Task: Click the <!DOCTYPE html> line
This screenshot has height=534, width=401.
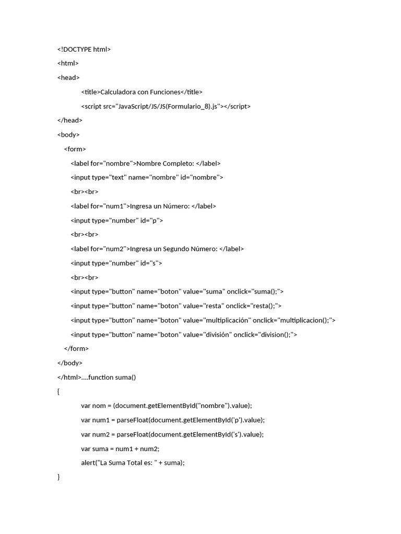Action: [x=84, y=50]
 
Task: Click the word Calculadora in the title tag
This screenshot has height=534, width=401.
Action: [x=117, y=92]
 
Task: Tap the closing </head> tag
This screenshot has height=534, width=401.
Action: [x=69, y=120]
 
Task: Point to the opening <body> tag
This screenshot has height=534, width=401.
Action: [x=68, y=135]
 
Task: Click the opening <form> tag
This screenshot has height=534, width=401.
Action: [x=75, y=149]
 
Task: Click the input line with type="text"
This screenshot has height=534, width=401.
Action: [x=147, y=177]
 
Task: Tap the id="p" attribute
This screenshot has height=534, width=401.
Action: [x=151, y=220]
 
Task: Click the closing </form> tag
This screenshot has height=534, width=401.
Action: [x=76, y=348]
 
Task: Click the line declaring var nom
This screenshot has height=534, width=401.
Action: [x=167, y=406]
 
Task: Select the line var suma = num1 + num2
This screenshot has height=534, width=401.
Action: [x=120, y=448]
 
